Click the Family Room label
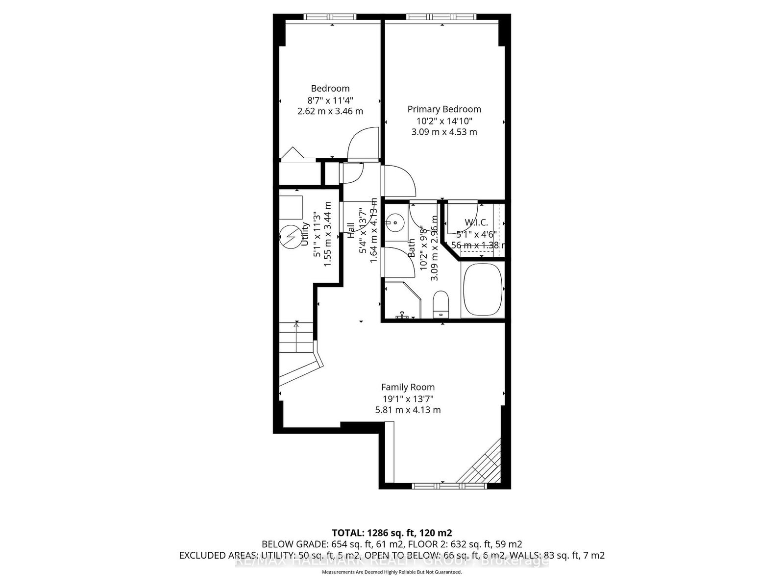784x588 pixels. pyautogui.click(x=408, y=387)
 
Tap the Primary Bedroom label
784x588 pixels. pyautogui.click(x=444, y=109)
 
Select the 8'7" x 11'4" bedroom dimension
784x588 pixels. pyautogui.click(x=330, y=100)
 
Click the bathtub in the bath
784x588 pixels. pyautogui.click(x=483, y=290)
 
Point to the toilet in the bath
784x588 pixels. pyautogui.click(x=441, y=304)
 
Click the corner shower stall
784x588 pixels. pyautogui.click(x=402, y=300)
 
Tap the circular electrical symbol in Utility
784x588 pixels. pyautogui.click(x=290, y=237)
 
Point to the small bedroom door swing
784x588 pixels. pyautogui.click(x=363, y=143)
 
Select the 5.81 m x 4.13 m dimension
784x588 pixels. pyautogui.click(x=408, y=410)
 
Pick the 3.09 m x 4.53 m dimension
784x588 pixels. pyautogui.click(x=444, y=132)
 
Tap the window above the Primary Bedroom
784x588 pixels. pyautogui.click(x=441, y=17)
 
